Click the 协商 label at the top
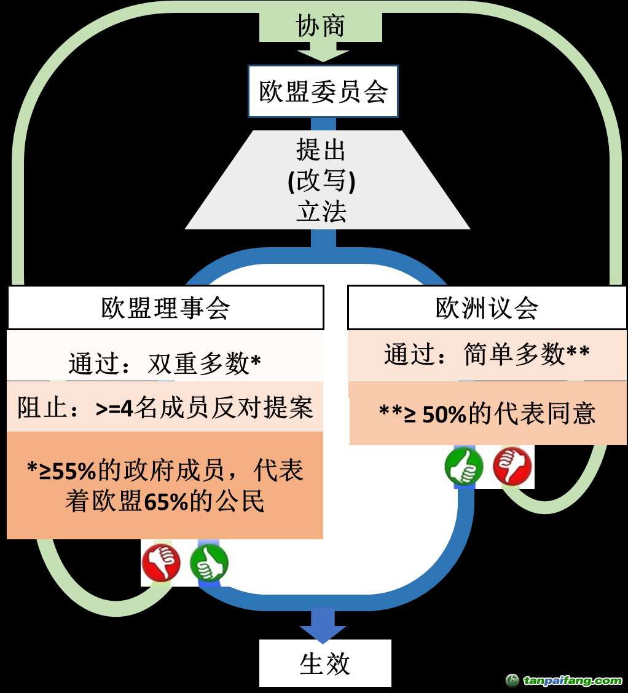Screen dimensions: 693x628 [x=320, y=26]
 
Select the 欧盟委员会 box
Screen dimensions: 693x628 [x=323, y=92]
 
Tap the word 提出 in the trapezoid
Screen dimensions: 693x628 [x=321, y=149]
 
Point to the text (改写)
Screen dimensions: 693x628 [x=321, y=181]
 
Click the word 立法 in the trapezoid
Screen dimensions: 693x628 [x=321, y=212]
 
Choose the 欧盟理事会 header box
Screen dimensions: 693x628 [x=165, y=307]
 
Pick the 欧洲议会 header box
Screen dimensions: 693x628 [x=487, y=307]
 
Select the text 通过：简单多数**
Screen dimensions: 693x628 [x=487, y=355]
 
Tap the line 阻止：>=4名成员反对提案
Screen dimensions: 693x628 [x=165, y=408]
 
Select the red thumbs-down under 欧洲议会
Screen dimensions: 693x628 [x=512, y=465]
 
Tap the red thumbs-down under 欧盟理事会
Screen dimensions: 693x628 [x=161, y=562]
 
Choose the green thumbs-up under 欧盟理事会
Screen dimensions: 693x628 [x=209, y=562]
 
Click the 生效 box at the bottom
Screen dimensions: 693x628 [x=325, y=663]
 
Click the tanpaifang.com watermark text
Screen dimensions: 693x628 [x=572, y=681]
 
